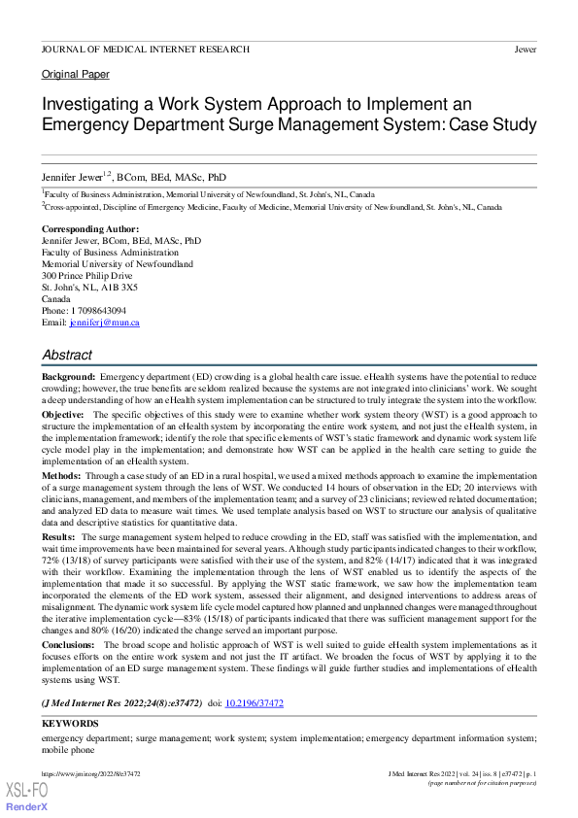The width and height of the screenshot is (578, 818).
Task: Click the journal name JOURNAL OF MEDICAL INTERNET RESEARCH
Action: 146,49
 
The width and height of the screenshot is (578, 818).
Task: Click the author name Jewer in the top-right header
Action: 525,49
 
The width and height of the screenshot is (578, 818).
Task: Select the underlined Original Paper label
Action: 76,75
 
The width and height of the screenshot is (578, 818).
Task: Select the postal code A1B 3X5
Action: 116,288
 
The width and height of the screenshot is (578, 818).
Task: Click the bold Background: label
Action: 68,376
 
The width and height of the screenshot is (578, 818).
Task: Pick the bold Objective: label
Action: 63,414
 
